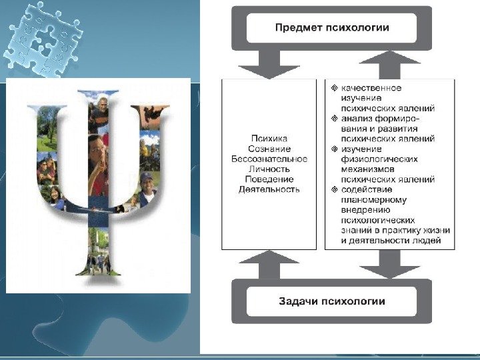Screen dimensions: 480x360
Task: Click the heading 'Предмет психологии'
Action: point(332,27)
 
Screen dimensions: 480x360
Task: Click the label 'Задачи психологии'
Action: point(331,301)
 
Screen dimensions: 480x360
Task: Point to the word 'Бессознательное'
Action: point(269,159)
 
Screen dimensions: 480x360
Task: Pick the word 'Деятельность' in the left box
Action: point(269,189)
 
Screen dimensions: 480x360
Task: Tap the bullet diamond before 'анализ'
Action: point(334,118)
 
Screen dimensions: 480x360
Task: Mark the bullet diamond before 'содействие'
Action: point(334,189)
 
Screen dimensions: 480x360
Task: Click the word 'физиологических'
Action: point(379,159)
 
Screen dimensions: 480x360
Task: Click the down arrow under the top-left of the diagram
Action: point(269,65)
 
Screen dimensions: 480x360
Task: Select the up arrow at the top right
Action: point(390,64)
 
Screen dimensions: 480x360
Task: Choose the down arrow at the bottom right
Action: point(390,265)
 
